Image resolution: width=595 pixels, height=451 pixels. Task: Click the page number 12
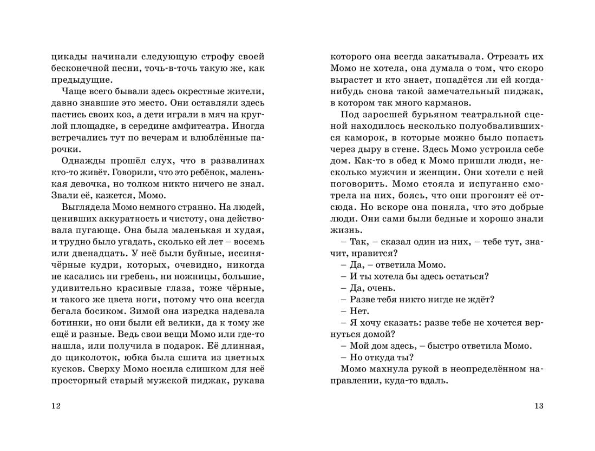(55, 406)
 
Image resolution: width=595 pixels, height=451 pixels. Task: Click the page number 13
(538, 406)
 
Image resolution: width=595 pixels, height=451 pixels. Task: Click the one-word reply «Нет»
(359, 311)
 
